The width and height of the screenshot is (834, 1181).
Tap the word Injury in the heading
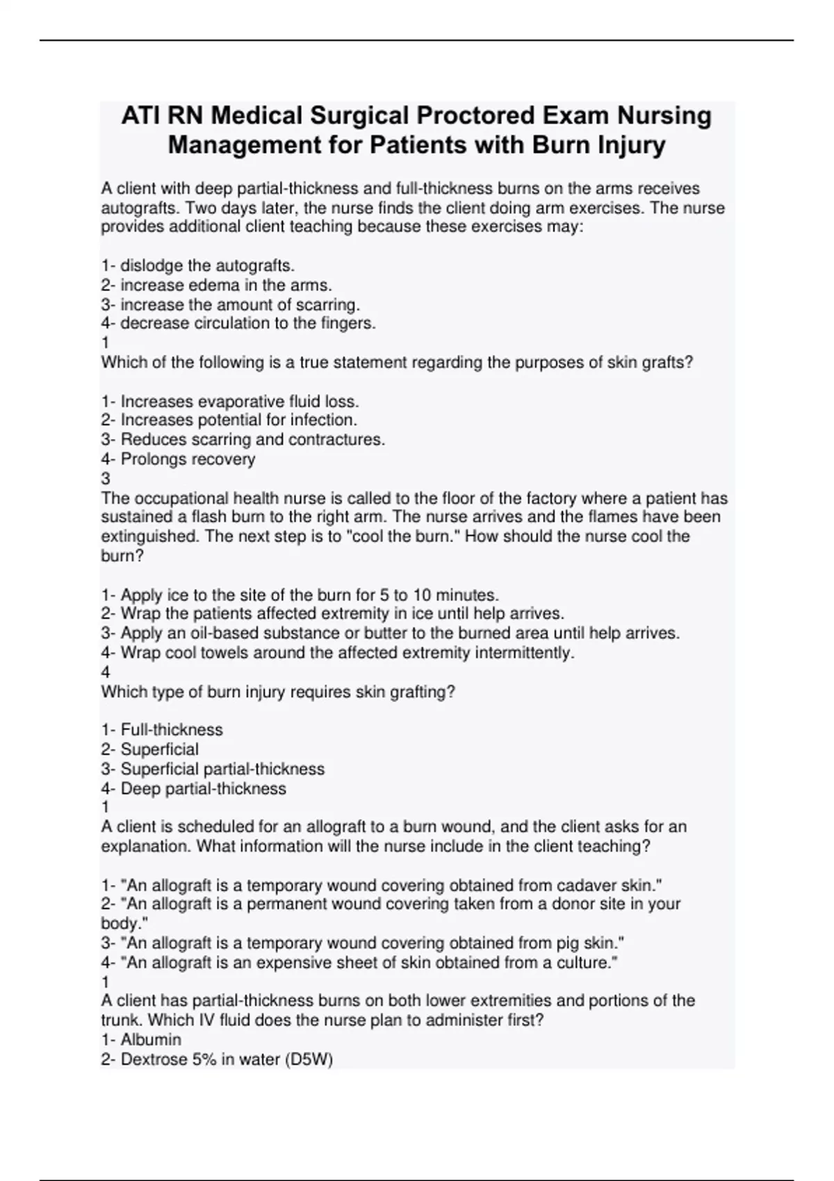[628, 145]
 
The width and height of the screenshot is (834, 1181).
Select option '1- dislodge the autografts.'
[198, 265]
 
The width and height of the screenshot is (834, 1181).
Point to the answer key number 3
[106, 478]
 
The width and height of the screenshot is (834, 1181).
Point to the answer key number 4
[106, 672]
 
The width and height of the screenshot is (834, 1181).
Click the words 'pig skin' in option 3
[590, 943]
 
